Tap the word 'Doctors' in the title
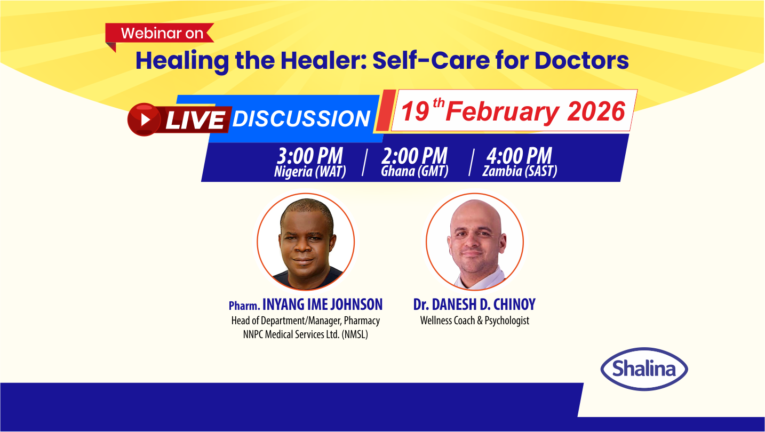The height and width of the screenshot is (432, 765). coord(581,61)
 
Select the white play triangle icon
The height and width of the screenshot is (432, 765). coord(145,119)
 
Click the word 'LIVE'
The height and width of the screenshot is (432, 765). coord(195,120)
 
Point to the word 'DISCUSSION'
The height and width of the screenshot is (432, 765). coord(301,119)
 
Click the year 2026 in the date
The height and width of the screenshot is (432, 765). coord(596,111)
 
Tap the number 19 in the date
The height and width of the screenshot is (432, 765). coord(416,112)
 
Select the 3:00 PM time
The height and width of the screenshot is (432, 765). coord(310,156)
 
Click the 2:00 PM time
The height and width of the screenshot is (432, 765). coord(415,156)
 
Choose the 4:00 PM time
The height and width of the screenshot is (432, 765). coord(519,156)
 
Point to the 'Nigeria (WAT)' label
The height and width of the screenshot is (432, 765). coord(310,172)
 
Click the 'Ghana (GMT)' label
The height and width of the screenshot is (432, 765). coord(415,172)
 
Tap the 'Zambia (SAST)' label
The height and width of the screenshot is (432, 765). coord(520,172)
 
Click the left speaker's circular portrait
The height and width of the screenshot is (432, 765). coord(306,241)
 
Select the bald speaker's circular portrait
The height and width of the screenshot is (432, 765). coord(475,241)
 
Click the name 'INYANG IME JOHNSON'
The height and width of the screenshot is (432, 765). coord(322,305)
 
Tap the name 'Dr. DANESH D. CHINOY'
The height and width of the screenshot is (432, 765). coord(474,305)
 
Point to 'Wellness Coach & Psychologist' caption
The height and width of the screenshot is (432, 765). coord(474,321)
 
